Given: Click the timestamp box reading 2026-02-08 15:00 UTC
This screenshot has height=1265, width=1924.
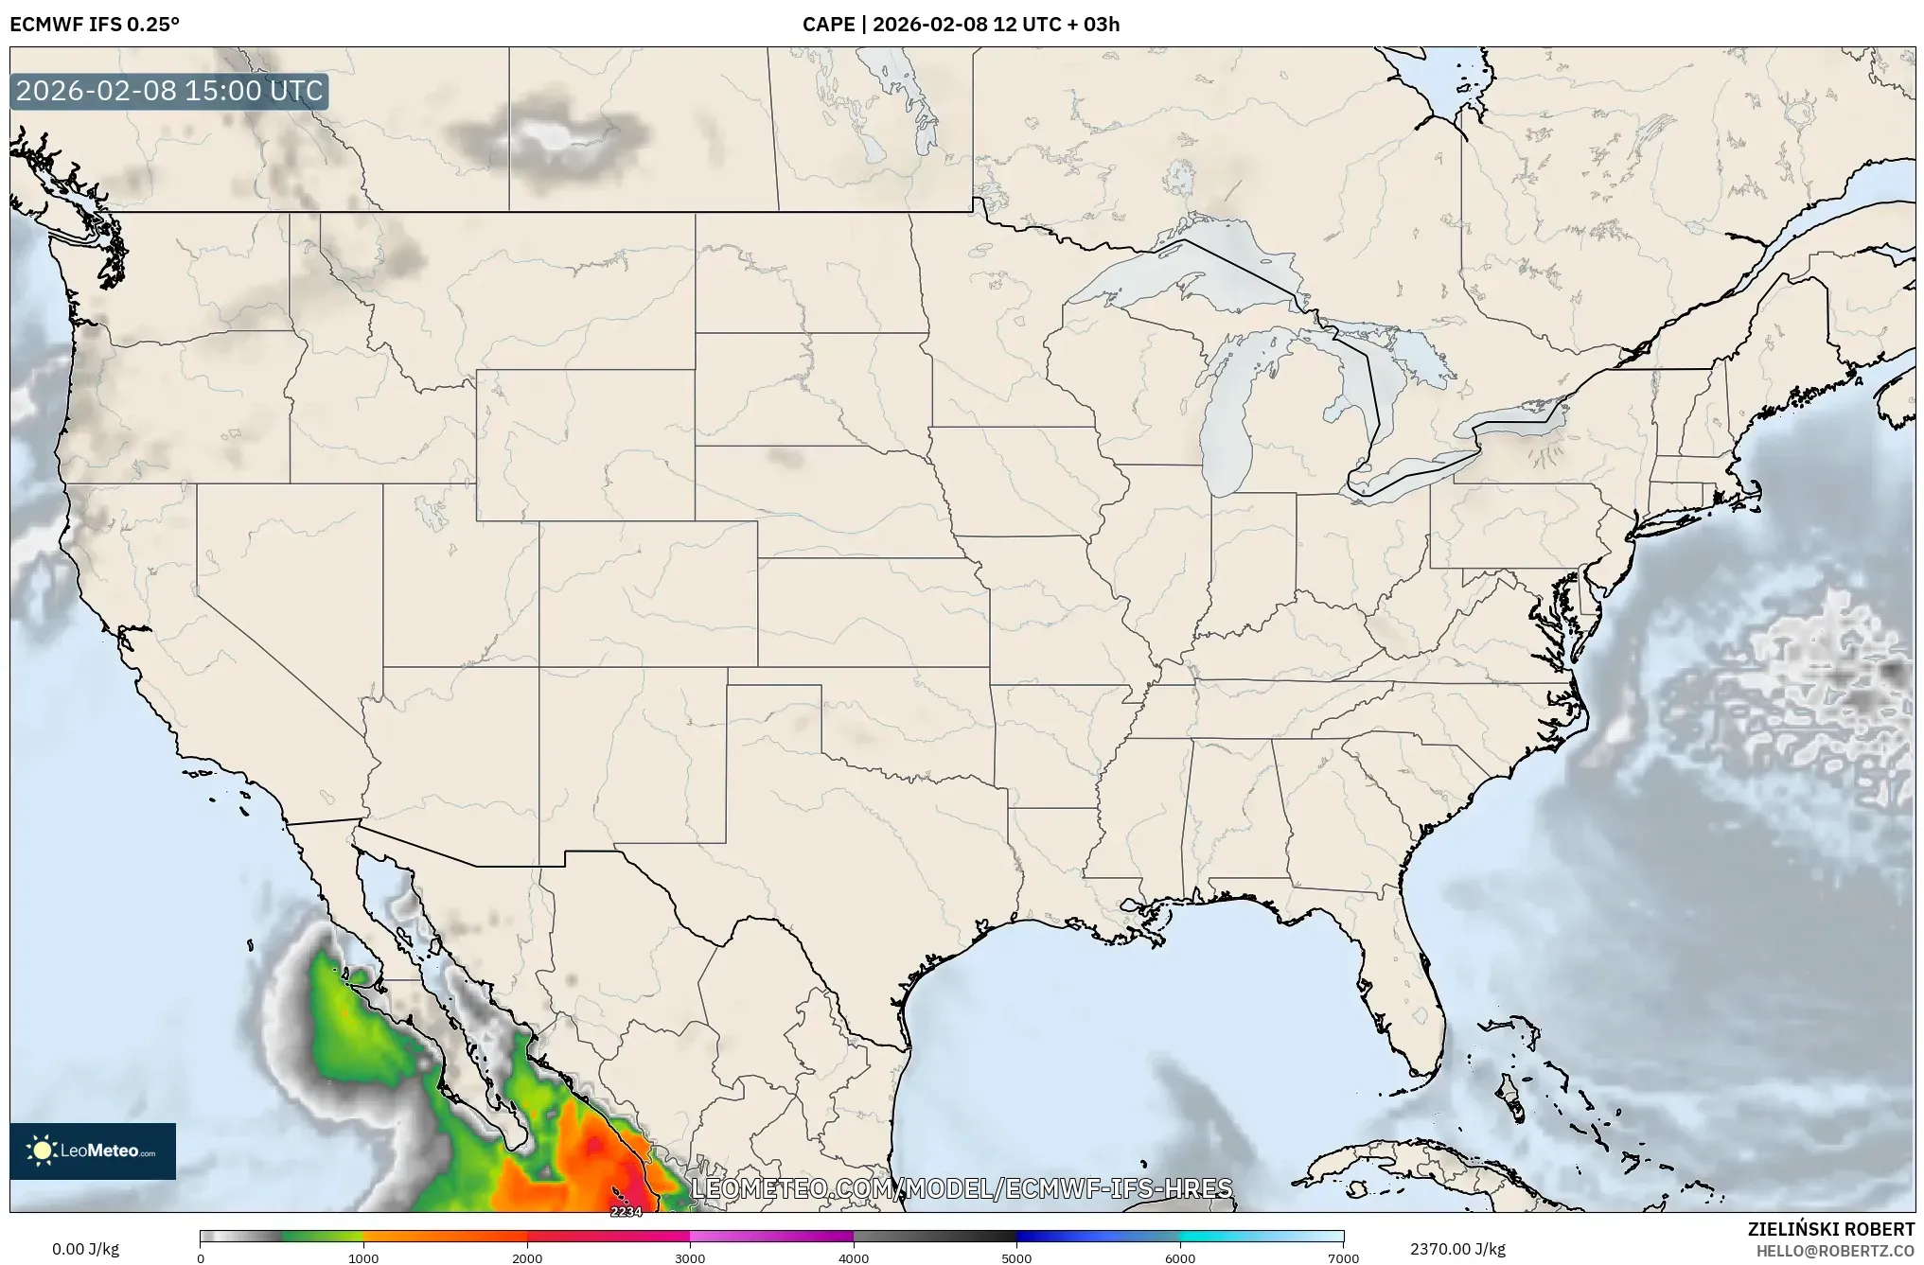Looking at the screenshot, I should (x=169, y=91).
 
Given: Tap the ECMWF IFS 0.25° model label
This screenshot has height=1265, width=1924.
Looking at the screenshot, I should (x=95, y=24).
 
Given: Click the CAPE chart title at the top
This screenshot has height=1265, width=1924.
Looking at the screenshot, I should (x=961, y=24).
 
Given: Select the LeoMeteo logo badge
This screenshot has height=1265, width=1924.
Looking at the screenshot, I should (x=93, y=1151).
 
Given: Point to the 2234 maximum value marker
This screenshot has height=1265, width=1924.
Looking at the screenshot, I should (x=626, y=1211).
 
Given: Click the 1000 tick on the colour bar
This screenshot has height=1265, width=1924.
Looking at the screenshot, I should (x=363, y=1257).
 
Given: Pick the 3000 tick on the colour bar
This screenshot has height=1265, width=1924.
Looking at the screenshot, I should (x=690, y=1257).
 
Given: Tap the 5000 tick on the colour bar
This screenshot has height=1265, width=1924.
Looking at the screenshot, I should (x=1016, y=1257).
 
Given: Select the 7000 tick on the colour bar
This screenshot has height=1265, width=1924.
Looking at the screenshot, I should (x=1343, y=1257).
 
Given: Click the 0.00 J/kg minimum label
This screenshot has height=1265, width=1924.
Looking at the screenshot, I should (x=85, y=1249).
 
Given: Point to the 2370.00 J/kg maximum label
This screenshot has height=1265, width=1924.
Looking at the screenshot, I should (x=1457, y=1249).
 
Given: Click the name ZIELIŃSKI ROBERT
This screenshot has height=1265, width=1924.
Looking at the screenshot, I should (x=1830, y=1229).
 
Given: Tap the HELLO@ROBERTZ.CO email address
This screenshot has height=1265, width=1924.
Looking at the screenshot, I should (x=1835, y=1250).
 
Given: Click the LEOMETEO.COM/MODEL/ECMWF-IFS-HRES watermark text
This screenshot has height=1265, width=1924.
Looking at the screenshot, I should (x=962, y=1188).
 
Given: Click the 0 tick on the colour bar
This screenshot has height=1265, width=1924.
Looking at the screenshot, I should (x=201, y=1257).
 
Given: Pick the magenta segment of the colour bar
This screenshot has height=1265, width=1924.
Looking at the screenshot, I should (x=771, y=1236).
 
